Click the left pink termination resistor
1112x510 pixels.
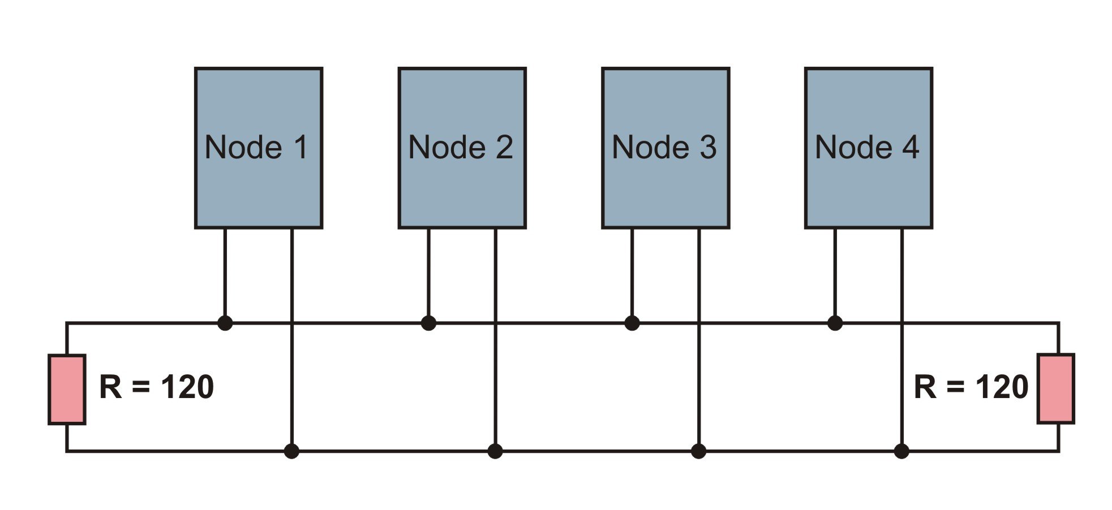(x=67, y=389)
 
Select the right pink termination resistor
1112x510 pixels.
(x=1055, y=388)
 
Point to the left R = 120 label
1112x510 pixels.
(x=156, y=387)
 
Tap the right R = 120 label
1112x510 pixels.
(x=971, y=387)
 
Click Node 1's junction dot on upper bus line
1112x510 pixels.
(x=225, y=323)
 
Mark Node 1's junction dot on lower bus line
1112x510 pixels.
(x=291, y=451)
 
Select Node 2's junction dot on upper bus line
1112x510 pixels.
(x=428, y=323)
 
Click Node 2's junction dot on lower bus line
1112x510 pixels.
(x=495, y=451)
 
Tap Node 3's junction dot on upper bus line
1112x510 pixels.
(x=632, y=323)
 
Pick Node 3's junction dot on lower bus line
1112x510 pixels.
(x=699, y=451)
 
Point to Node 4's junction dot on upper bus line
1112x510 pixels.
(x=835, y=323)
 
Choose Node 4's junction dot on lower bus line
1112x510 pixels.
(x=901, y=451)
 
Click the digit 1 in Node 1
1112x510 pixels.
(x=300, y=148)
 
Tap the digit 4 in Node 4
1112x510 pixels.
(x=909, y=148)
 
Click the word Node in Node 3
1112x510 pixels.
(x=650, y=148)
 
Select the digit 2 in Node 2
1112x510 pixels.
(x=503, y=148)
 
